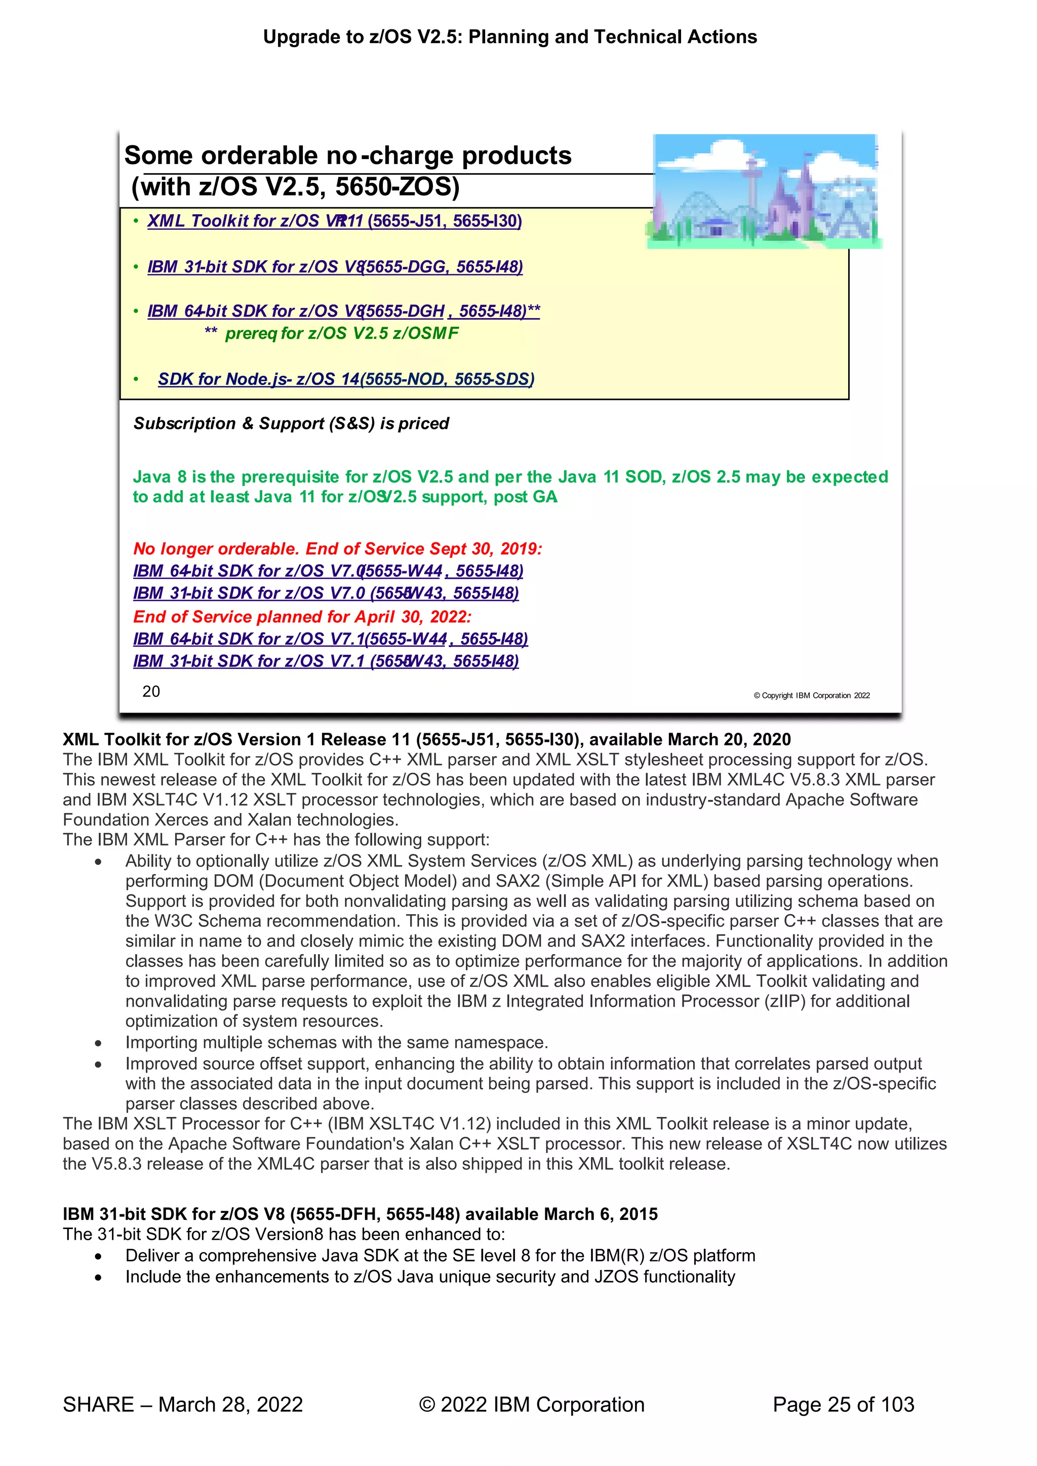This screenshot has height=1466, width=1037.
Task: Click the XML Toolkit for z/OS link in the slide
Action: [334, 221]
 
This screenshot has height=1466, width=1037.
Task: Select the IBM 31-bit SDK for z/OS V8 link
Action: [335, 267]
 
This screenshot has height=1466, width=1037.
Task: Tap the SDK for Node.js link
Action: [345, 379]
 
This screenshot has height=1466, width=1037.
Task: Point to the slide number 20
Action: [151, 692]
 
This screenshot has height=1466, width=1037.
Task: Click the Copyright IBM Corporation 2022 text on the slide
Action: [811, 695]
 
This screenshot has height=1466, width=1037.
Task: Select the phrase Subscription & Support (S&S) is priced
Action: [291, 423]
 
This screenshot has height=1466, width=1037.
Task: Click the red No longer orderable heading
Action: [337, 549]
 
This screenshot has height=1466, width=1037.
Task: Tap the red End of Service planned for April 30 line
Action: [302, 617]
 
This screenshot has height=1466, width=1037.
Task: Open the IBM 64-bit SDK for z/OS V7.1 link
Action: [330, 639]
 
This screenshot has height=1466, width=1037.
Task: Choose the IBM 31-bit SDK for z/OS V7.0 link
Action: [326, 593]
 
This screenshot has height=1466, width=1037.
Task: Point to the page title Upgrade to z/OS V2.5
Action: [509, 37]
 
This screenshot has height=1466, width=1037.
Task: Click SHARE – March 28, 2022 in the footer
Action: [183, 1404]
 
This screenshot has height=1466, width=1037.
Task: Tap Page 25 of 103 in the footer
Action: [843, 1404]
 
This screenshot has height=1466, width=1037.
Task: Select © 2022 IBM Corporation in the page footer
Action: [531, 1404]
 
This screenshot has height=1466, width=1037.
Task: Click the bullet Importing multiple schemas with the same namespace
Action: [337, 1043]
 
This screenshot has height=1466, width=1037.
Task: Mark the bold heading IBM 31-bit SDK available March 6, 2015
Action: [360, 1214]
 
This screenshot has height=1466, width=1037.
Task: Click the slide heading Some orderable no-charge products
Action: [347, 156]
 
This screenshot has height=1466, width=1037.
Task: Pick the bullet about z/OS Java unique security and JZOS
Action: [430, 1277]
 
